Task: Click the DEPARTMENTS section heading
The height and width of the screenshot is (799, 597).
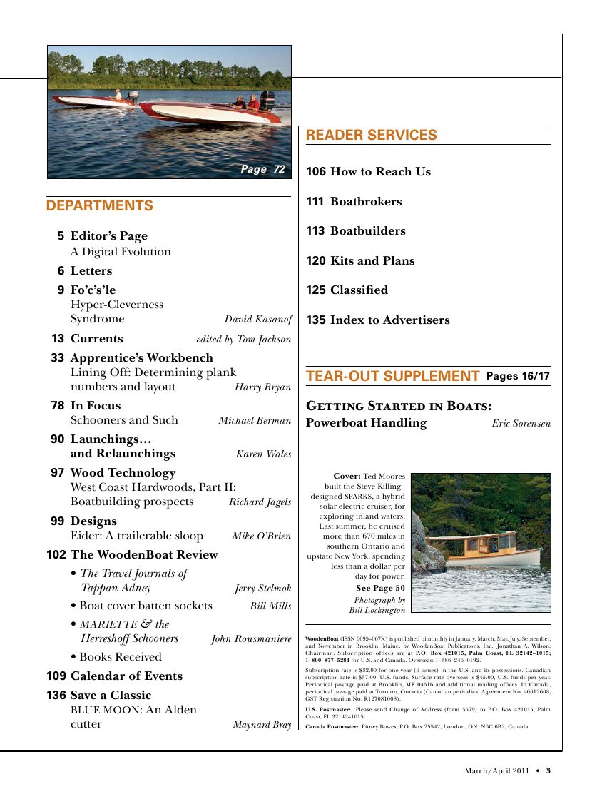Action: [100, 206]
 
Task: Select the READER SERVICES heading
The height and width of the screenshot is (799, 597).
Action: [371, 136]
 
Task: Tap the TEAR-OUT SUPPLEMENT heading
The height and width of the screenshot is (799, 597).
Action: [392, 377]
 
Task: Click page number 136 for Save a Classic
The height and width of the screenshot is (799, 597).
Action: [56, 695]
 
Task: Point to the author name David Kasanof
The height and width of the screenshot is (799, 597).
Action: [257, 320]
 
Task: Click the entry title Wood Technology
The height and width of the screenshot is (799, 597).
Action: [123, 473]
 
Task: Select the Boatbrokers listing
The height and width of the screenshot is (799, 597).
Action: [366, 202]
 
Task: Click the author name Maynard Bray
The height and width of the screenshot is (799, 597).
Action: [262, 725]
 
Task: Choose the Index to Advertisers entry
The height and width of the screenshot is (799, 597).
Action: [389, 320]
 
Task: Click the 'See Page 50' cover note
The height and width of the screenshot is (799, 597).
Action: [380, 588]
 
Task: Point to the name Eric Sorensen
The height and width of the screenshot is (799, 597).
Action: [521, 424]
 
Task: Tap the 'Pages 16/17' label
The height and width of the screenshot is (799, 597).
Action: [518, 377]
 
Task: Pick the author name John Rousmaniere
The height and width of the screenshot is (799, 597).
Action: [251, 639]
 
